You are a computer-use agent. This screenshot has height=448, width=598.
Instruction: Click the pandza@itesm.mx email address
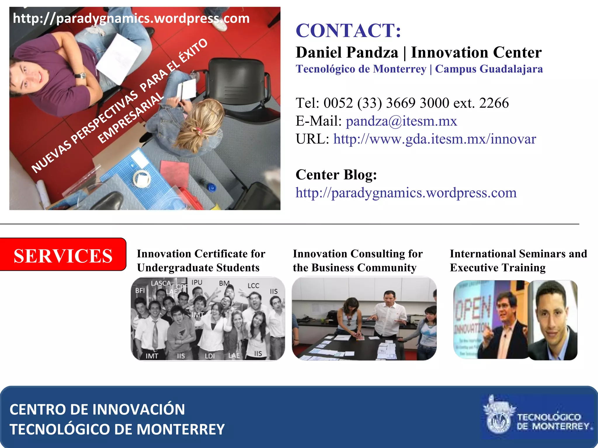point(401,121)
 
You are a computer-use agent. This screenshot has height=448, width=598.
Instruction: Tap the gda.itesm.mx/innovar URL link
point(434,139)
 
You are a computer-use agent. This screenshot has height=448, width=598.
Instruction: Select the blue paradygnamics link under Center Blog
point(406,193)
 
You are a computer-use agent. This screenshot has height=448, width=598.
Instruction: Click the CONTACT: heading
point(348,30)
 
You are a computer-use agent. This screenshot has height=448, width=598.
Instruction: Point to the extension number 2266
point(494,103)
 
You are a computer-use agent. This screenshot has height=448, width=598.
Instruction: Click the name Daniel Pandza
point(347,53)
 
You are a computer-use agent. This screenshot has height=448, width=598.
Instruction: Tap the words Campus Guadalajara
point(489,69)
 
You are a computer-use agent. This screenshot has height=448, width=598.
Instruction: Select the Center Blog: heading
point(336,175)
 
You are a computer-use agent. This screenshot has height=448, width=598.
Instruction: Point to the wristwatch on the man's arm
point(80,76)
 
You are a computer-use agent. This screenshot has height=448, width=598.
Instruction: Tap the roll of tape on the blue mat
point(142,179)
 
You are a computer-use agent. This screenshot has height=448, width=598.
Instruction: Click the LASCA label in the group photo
point(161,283)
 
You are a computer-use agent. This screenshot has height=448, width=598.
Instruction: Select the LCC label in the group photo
point(253,286)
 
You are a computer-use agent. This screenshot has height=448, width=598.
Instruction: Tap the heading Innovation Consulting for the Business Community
point(357,260)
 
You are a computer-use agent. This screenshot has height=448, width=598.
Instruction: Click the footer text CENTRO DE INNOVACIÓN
point(97,409)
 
